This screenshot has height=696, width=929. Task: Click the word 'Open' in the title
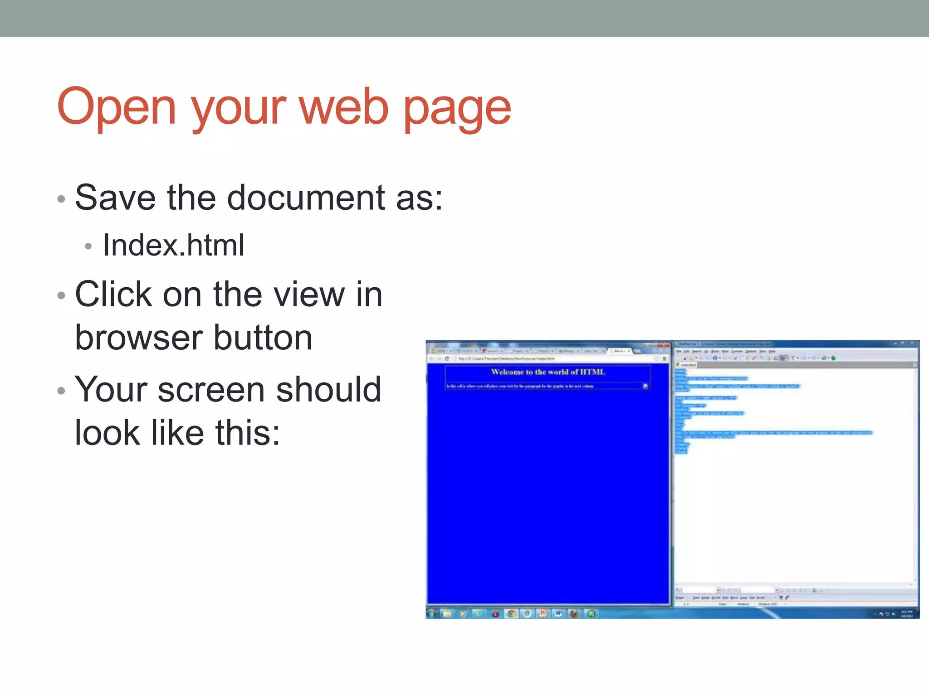116,107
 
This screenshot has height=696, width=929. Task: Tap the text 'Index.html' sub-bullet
174,245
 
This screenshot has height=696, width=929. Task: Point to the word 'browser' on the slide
139,338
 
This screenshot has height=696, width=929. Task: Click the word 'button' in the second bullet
263,338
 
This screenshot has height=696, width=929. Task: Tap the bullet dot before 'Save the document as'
62,199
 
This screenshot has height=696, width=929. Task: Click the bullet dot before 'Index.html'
88,246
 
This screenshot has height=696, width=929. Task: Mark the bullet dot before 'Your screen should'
62,391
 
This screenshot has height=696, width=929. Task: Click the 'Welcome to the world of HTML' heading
548,372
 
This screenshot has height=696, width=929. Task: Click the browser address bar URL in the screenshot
506,358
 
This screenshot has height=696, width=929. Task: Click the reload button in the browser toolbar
447,358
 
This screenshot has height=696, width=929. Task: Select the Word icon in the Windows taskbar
558,614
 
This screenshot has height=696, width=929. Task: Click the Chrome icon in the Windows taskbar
511,614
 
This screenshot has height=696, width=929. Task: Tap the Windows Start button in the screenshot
432,614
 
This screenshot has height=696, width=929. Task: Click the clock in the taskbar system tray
906,614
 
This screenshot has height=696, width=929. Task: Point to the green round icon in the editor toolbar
833,358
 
